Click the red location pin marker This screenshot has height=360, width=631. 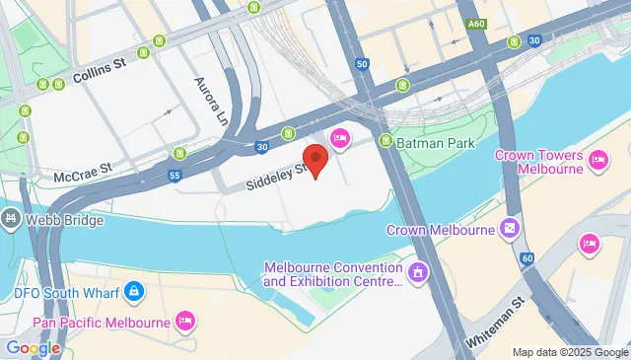click(x=315, y=160)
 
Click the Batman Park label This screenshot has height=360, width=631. click(x=437, y=143)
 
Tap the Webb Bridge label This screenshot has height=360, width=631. click(x=65, y=219)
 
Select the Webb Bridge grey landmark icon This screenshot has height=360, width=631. click(x=11, y=218)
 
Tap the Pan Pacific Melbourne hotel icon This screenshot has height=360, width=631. click(x=184, y=320)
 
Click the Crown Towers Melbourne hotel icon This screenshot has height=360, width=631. click(x=597, y=159)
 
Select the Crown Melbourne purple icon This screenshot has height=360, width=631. click(x=509, y=230)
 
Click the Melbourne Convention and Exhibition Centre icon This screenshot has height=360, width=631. click(x=417, y=270)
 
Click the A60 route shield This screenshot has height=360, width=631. click(x=477, y=24)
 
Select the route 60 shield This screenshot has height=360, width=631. click(x=527, y=258)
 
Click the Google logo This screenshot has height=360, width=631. click(x=33, y=347)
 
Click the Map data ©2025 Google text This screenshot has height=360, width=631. click(x=569, y=352)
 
